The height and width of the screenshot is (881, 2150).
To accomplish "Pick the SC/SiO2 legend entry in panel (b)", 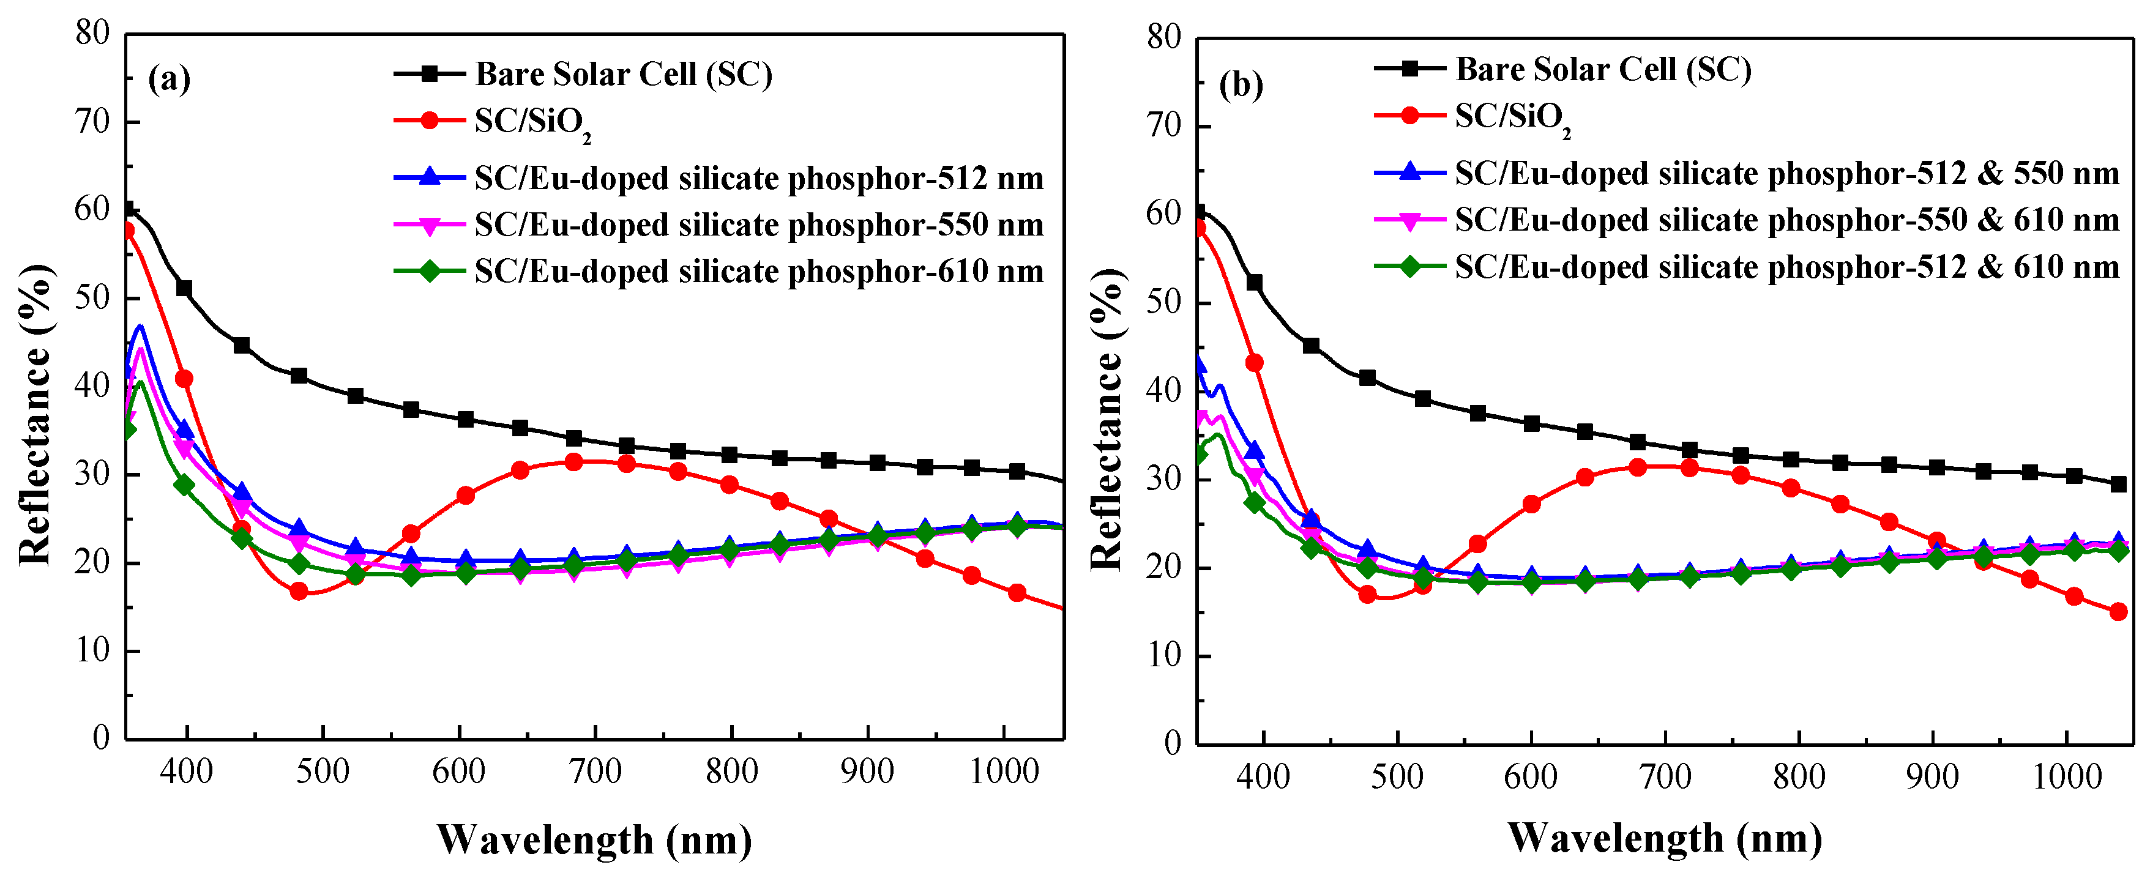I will tap(1512, 117).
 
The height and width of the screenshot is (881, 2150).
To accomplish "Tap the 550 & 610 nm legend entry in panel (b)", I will tap(1786, 220).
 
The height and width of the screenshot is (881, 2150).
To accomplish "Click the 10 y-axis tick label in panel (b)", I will tap(1163, 656).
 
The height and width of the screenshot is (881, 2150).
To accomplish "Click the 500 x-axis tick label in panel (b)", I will tap(1397, 777).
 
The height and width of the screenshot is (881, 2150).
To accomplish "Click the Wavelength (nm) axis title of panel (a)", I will tap(594, 839).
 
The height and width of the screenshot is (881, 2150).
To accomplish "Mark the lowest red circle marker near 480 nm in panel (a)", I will tap(299, 592).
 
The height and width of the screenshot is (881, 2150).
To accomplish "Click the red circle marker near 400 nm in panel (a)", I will tap(184, 379).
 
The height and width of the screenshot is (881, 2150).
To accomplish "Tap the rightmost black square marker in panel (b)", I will tap(2118, 485).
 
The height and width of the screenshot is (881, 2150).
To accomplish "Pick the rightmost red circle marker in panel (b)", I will tap(2118, 612).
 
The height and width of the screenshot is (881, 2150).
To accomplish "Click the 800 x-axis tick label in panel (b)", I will tap(1799, 777).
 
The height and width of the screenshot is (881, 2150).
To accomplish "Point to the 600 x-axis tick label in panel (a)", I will tap(458, 771).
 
